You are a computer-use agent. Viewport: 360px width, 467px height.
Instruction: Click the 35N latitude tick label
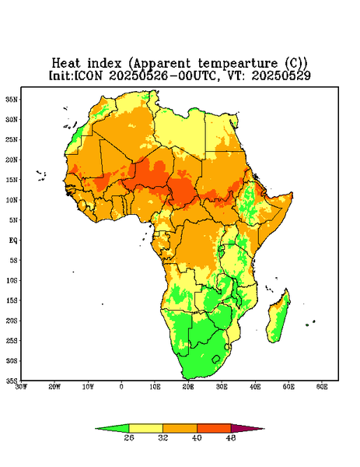(x=12, y=100)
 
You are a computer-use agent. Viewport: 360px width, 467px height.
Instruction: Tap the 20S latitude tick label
(x=12, y=321)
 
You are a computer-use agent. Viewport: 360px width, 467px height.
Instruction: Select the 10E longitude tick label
(x=155, y=387)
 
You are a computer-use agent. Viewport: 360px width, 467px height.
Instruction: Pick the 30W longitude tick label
(x=21, y=387)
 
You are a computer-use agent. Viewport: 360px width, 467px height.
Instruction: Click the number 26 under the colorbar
(x=129, y=437)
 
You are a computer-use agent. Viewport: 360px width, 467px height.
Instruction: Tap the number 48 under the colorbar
(x=231, y=437)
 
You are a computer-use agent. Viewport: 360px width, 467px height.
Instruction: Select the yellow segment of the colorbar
(x=145, y=429)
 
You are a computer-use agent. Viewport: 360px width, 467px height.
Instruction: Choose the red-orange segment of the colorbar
(x=214, y=429)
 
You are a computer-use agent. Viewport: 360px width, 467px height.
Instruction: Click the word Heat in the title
(x=66, y=64)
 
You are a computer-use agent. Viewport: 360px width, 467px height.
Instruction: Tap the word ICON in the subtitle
(x=88, y=75)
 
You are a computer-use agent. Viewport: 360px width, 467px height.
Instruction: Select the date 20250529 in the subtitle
(x=281, y=75)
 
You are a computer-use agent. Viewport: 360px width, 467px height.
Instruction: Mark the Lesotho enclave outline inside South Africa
(x=216, y=359)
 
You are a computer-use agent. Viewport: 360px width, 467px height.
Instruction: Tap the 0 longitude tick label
(x=121, y=387)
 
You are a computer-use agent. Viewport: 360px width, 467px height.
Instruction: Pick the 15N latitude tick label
(x=12, y=180)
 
